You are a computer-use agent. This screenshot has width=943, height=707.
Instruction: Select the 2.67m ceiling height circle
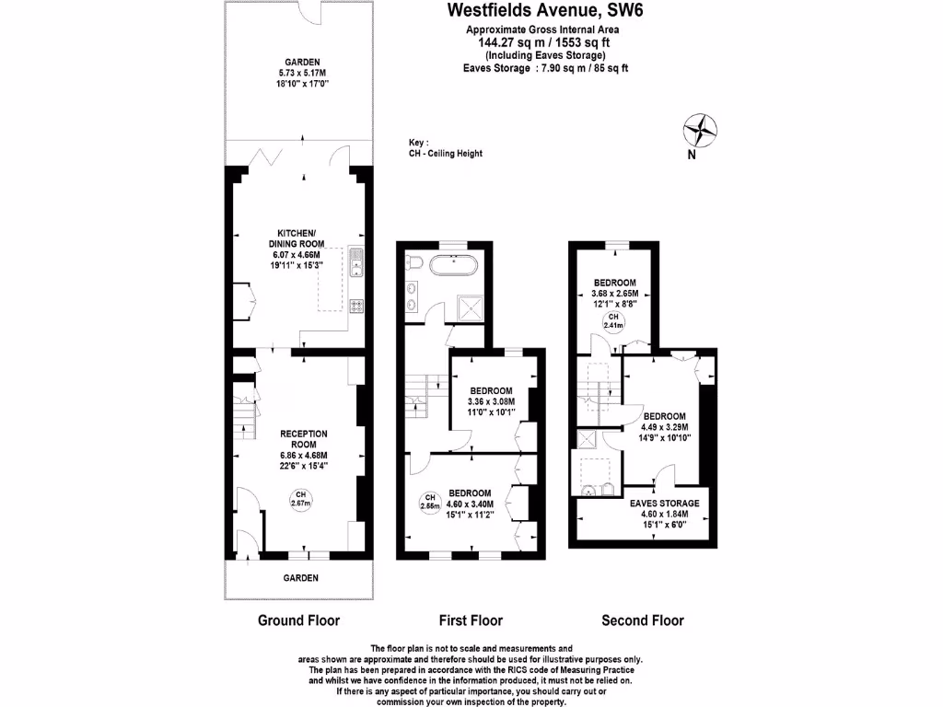300,498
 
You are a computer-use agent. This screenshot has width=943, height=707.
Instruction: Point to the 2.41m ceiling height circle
612,321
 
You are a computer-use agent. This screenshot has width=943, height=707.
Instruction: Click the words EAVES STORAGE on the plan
664,504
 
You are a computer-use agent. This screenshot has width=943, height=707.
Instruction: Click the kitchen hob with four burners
356,306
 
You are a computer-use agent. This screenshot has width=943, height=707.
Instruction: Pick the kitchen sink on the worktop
356,261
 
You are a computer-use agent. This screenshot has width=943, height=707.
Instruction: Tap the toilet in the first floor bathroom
414,264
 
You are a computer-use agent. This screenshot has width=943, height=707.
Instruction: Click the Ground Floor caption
298,620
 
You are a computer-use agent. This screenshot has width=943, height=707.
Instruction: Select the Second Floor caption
643,620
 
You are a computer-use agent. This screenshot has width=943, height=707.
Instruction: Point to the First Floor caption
470,620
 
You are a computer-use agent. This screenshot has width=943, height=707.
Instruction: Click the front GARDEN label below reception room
300,578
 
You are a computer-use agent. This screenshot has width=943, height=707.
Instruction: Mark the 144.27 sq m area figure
509,42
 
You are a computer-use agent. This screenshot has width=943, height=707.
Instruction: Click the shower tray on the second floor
587,440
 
